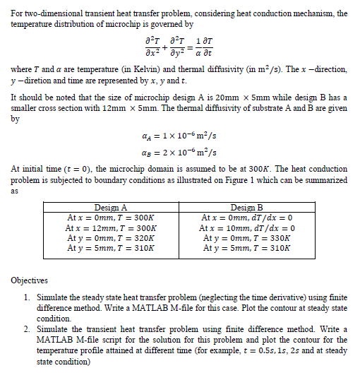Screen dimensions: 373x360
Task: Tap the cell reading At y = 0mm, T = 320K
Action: point(111,239)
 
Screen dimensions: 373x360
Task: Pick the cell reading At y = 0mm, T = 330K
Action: point(246,239)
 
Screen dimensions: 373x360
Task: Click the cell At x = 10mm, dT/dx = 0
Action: point(247,229)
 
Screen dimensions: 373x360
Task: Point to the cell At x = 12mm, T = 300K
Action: point(110,229)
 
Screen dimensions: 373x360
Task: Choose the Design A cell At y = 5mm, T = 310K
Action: point(111,249)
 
